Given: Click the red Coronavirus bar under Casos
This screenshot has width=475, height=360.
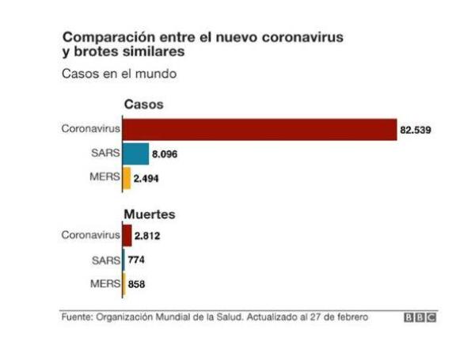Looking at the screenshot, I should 260,129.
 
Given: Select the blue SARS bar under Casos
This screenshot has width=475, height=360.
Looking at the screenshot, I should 135,153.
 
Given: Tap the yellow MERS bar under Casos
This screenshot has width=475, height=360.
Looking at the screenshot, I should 127,178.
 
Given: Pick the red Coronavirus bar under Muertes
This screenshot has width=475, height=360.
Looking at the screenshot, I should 127,235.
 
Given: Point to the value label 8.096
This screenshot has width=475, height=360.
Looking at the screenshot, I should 164,154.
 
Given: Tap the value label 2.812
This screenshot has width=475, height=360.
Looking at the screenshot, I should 148,236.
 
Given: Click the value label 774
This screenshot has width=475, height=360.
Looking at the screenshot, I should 135,260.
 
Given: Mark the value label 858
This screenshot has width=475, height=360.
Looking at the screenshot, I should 136,284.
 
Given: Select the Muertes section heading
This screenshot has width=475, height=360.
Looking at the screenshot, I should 149,214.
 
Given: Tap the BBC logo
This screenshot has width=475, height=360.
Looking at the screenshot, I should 420,317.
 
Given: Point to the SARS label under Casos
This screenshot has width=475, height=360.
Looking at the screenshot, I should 105,153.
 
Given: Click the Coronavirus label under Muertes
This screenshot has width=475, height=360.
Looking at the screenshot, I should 91,235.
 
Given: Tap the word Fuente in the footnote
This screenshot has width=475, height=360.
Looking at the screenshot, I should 77,317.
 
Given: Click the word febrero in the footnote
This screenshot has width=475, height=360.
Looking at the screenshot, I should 351,317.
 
